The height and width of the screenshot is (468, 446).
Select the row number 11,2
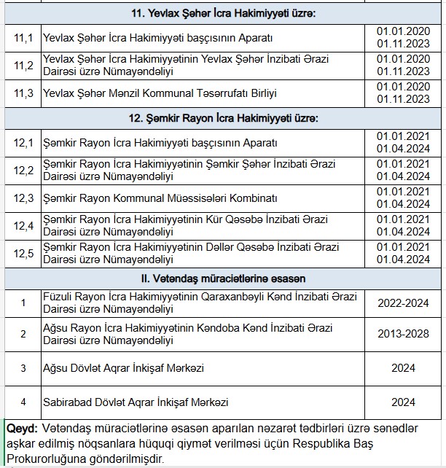click(x=24, y=65)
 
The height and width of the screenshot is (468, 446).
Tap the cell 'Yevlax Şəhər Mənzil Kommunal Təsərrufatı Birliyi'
click(x=160, y=93)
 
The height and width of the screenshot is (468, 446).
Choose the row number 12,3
click(x=24, y=198)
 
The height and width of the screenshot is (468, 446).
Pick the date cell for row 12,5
click(x=403, y=253)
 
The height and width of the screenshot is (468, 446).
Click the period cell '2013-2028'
click(x=403, y=334)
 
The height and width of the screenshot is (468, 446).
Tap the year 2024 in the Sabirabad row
click(x=403, y=402)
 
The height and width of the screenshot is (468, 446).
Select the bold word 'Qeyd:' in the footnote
click(x=22, y=428)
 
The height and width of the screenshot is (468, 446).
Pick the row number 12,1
click(x=24, y=143)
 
